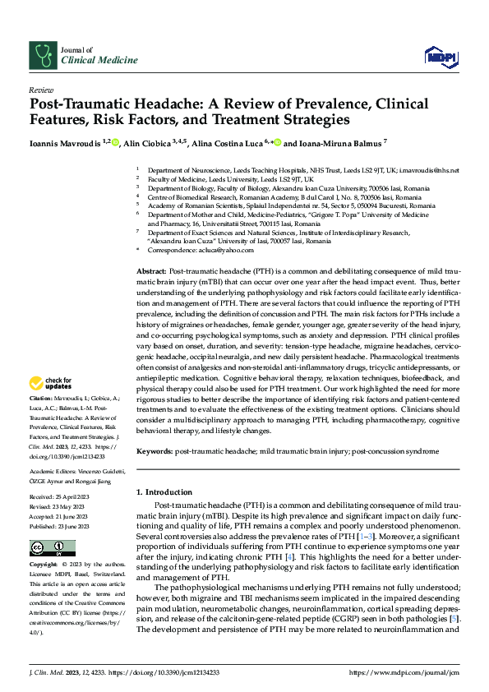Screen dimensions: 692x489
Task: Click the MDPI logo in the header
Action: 437,56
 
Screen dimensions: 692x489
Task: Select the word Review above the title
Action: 40,90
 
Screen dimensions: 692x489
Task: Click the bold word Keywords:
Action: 155,452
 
